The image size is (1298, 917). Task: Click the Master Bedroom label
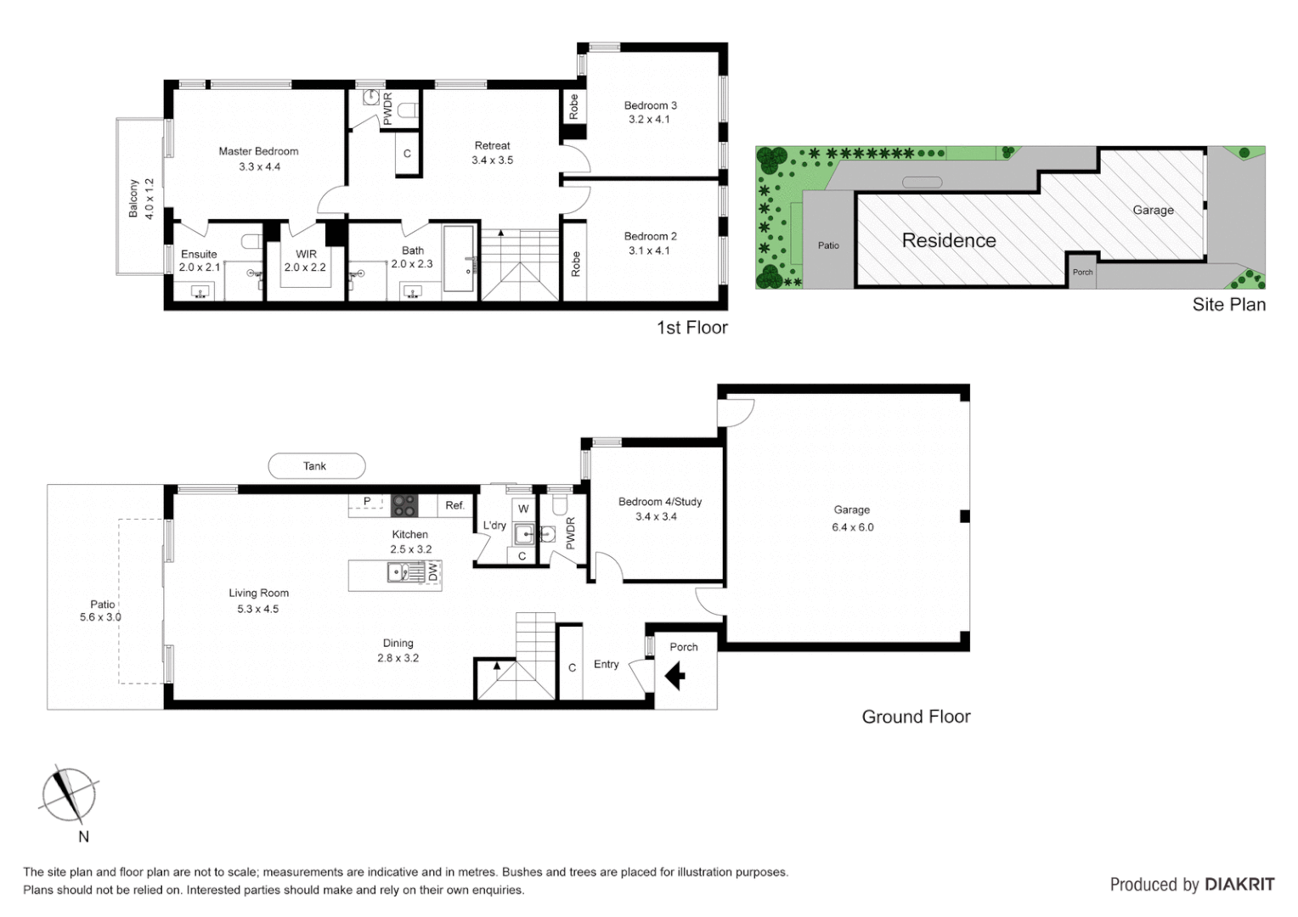click(x=258, y=151)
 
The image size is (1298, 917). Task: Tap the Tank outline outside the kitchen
click(x=316, y=466)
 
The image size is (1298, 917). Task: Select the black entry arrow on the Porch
click(x=675, y=677)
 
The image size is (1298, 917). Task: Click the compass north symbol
click(x=68, y=795)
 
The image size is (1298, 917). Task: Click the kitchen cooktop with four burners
click(x=404, y=505)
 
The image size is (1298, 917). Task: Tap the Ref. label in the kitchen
click(x=455, y=505)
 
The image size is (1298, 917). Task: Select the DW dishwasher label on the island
click(x=432, y=573)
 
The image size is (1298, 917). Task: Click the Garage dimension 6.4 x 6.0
click(x=852, y=527)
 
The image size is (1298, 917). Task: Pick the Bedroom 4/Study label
click(x=660, y=502)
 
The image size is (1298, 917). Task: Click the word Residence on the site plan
click(x=949, y=240)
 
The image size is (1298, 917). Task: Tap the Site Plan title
click(x=1228, y=304)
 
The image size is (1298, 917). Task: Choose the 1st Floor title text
click(x=691, y=328)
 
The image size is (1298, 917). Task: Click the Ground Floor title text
click(x=916, y=717)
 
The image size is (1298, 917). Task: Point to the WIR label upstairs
click(x=306, y=254)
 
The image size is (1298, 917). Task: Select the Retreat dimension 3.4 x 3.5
click(x=493, y=160)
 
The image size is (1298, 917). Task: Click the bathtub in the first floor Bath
click(x=460, y=259)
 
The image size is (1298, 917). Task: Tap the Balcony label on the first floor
click(x=133, y=198)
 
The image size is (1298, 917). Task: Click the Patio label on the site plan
click(x=828, y=245)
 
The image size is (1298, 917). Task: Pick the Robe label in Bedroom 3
click(x=574, y=106)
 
